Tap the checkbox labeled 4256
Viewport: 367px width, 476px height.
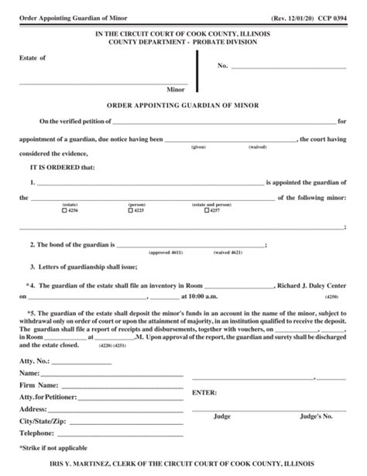pos(65,211)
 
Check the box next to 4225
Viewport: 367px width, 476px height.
pos(131,211)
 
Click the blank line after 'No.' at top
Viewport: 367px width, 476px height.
pos(286,67)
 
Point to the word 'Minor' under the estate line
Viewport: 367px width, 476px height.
pos(177,89)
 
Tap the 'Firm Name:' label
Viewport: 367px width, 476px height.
pos(37,385)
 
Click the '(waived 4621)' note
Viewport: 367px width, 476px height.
pos(228,253)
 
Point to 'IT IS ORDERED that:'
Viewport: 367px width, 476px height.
pos(62,166)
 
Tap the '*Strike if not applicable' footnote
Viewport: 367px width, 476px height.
pos(51,448)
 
